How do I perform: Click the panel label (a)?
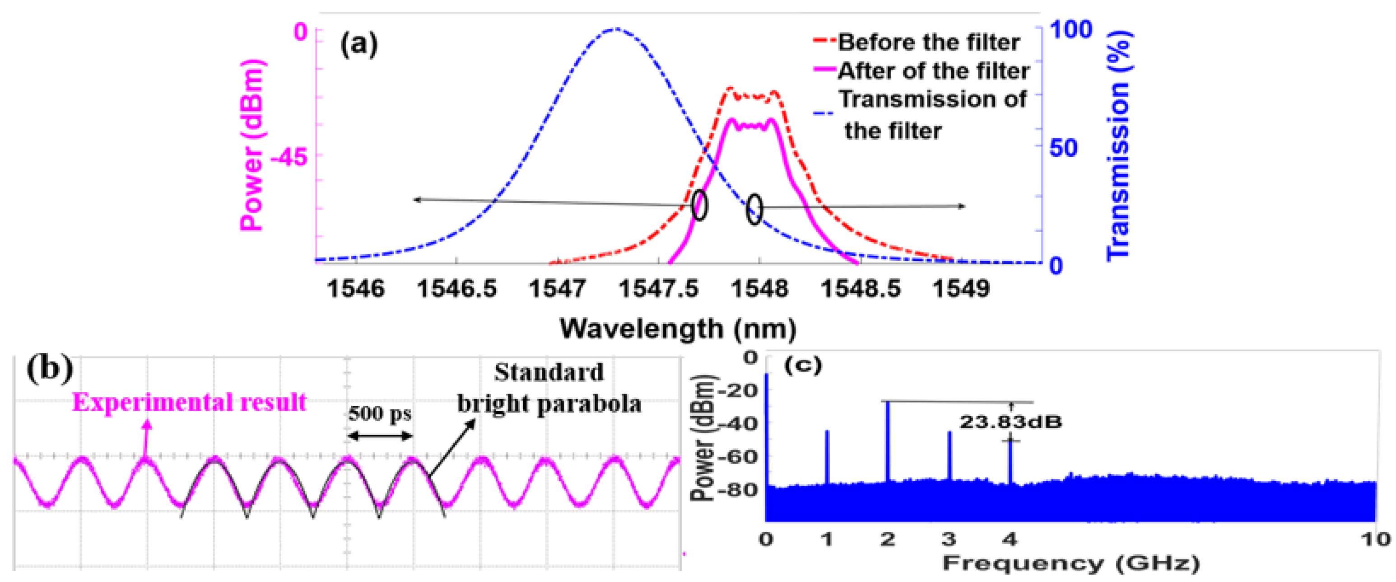coord(358,44)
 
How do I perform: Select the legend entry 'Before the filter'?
coord(928,42)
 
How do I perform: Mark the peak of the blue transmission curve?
coord(614,29)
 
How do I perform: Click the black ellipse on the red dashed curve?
coord(700,205)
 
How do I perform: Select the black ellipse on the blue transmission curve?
coord(754,209)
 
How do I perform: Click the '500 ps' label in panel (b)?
coord(380,414)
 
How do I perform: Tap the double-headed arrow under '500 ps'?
coord(380,436)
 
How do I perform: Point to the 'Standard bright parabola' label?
coord(549,388)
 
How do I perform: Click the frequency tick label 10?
coord(1375,539)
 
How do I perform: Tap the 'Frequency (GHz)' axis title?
coord(1071,563)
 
